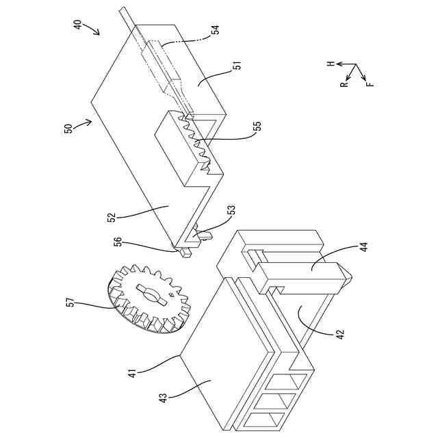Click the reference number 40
click(x=77, y=25)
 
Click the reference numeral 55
click(x=257, y=127)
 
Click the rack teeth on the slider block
click(x=198, y=144)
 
